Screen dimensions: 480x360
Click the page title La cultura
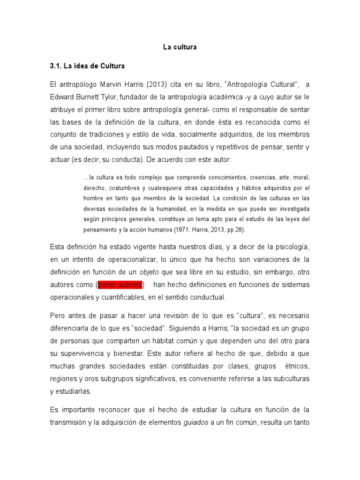180,47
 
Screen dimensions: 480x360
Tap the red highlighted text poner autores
120,285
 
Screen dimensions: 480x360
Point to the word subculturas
290,378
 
